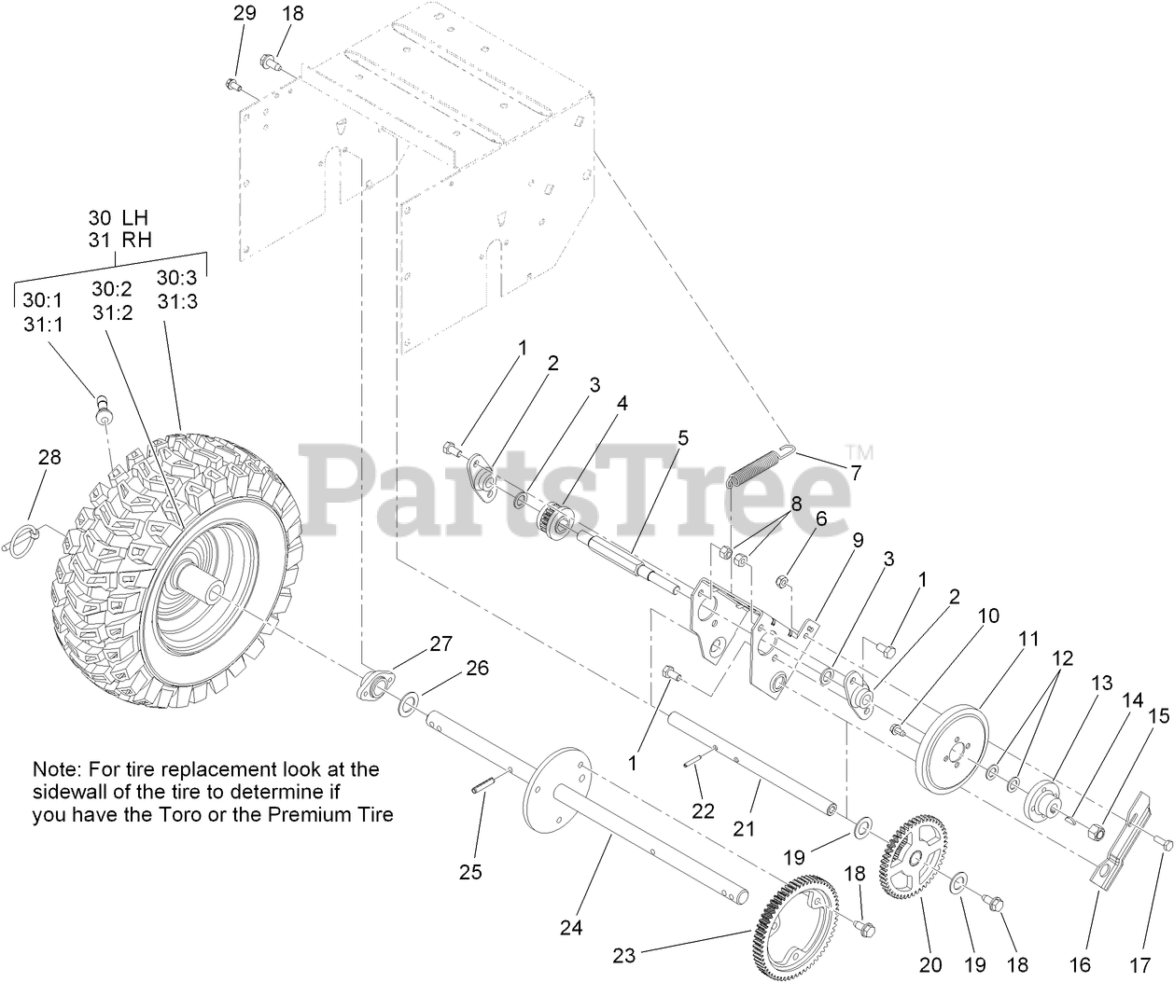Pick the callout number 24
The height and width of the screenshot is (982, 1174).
pos(571,927)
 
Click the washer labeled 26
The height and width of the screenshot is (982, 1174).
pos(409,702)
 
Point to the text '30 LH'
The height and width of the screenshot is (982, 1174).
pos(119,216)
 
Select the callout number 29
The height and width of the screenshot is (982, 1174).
pos(244,14)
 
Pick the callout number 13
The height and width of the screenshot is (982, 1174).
pos(1102,683)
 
